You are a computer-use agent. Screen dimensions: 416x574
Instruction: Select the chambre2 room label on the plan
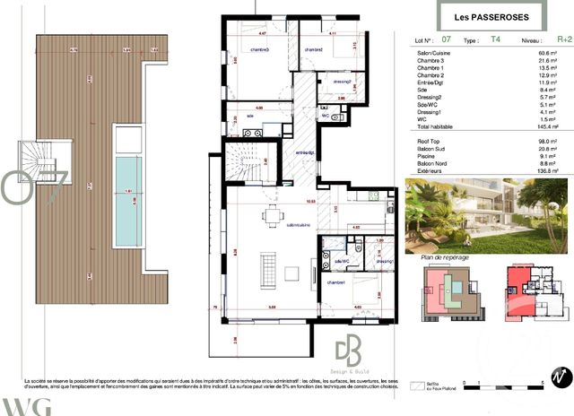tap(311, 49)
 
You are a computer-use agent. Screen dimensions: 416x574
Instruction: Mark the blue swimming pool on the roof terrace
tap(132, 190)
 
